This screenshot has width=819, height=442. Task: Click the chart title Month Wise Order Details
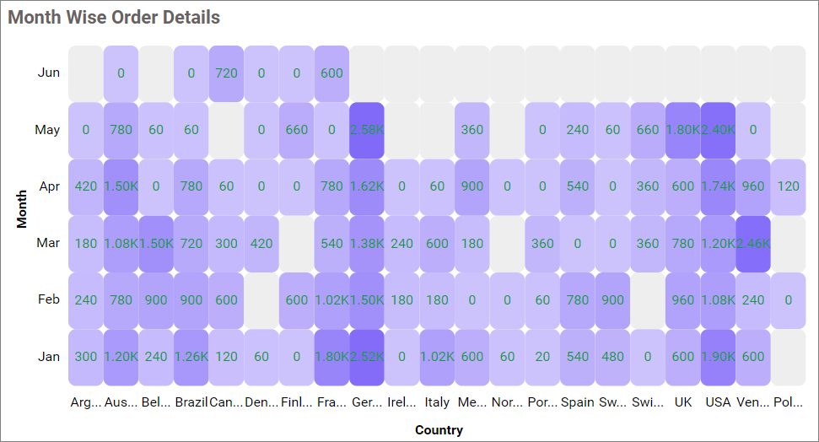pyautogui.click(x=114, y=17)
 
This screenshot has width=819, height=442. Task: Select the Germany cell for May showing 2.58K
pyautogui.click(x=367, y=130)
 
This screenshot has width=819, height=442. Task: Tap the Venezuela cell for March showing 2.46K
pyautogui.click(x=752, y=244)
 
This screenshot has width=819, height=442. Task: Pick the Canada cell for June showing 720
pyautogui.click(x=226, y=73)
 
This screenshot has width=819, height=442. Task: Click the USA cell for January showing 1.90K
pyautogui.click(x=718, y=357)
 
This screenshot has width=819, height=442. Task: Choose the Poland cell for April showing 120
pyautogui.click(x=788, y=186)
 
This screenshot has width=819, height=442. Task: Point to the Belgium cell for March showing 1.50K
pyautogui.click(x=156, y=244)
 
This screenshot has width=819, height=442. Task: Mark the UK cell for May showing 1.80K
pyautogui.click(x=682, y=130)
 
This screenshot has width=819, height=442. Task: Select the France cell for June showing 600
pyautogui.click(x=331, y=73)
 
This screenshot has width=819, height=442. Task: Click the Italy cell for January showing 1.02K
pyautogui.click(x=437, y=357)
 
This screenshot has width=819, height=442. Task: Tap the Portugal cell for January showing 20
pyautogui.click(x=542, y=357)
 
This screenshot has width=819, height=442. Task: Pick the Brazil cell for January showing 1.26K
pyautogui.click(x=191, y=357)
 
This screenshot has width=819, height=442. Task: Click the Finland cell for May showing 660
pyautogui.click(x=297, y=130)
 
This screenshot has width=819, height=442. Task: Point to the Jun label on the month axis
pyautogui.click(x=49, y=73)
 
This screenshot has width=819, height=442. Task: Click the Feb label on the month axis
pyautogui.click(x=49, y=299)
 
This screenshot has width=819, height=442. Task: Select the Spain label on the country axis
pyautogui.click(x=578, y=402)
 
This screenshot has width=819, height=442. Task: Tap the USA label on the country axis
pyautogui.click(x=718, y=402)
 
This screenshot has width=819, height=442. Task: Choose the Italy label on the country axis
pyautogui.click(x=437, y=402)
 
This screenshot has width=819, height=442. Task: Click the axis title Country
pyautogui.click(x=439, y=430)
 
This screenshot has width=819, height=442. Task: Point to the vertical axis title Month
pyautogui.click(x=23, y=208)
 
